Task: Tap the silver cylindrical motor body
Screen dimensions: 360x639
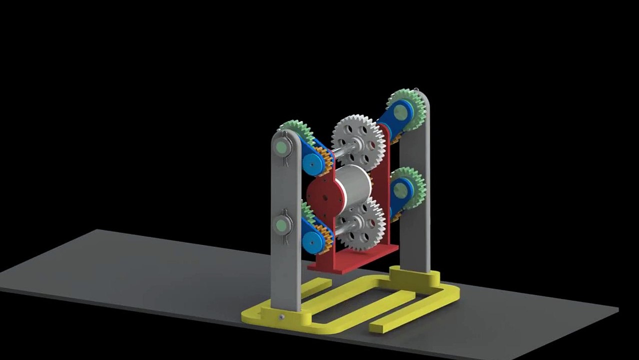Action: [x=352, y=185]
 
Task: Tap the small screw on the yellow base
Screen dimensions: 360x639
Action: [x=282, y=317]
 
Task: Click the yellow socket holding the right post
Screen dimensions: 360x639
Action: [x=414, y=280]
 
